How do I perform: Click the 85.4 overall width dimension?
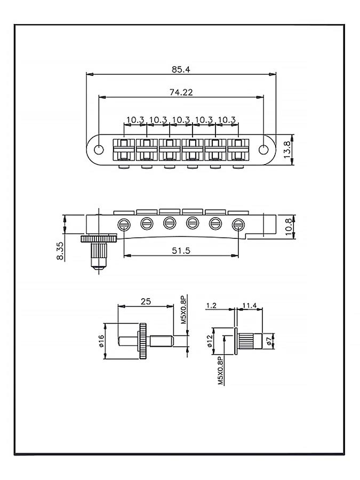[x=181, y=69]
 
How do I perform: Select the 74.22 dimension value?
[x=181, y=92]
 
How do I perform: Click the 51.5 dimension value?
[x=181, y=251]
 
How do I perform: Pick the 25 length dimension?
[x=145, y=301]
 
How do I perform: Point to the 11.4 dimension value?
[x=250, y=305]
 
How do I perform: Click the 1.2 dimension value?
[x=211, y=305]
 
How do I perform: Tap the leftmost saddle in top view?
[x=123, y=149]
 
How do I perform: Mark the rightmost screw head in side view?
[x=238, y=224]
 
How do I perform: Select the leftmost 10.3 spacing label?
[x=135, y=119]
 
